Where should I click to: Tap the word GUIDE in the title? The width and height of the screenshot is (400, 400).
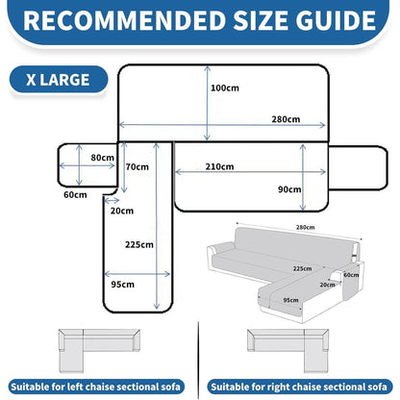336,21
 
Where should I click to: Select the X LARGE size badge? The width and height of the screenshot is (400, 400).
59,80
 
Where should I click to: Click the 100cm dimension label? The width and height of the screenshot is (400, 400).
225,87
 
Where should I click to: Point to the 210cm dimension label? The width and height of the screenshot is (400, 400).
219,166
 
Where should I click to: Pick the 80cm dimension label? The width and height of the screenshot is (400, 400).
102,158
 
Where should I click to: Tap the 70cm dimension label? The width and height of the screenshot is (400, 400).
137,166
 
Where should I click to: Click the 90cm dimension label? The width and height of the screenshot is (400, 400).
289,189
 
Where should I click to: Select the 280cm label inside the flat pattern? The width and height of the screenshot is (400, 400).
286,119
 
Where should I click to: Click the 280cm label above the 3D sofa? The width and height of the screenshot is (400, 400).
305,227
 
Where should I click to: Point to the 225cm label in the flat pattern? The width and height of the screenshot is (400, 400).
139,245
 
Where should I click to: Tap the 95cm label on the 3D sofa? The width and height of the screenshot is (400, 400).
290,300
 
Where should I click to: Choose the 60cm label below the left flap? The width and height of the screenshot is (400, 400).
75,195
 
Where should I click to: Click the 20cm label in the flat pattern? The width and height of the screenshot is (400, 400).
122,211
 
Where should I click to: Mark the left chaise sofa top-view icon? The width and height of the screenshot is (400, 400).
99,351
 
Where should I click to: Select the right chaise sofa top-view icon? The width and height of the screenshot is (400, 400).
287,351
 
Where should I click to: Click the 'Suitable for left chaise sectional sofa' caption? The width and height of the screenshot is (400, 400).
96,387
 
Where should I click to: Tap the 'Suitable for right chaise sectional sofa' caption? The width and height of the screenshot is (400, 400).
299,387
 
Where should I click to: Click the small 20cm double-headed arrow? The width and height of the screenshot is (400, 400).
112,201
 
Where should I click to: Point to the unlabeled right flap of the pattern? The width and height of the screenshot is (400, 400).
358,167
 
